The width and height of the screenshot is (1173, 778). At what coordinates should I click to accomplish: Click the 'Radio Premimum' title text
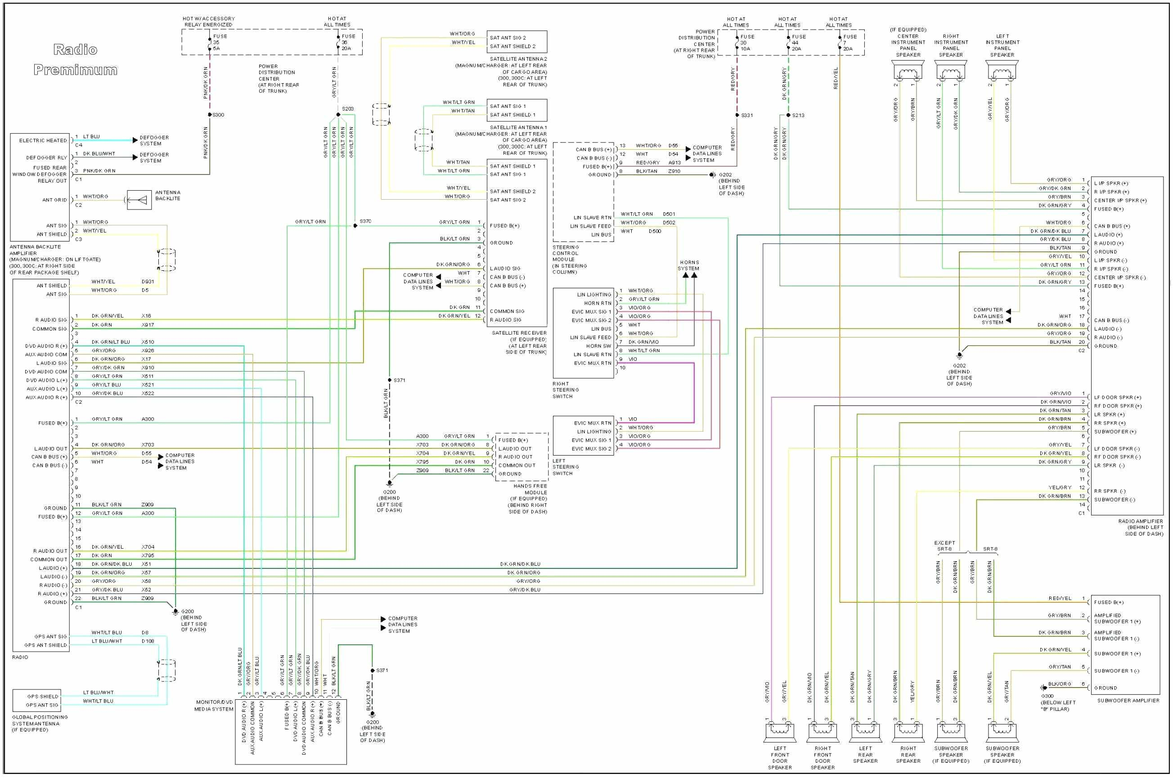(x=76, y=59)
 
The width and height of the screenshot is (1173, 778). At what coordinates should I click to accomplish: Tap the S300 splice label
(x=218, y=115)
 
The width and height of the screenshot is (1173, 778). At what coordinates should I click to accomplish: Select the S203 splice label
(x=347, y=109)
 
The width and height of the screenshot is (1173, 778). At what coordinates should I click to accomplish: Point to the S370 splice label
(x=365, y=221)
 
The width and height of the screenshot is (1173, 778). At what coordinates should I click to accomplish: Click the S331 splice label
(x=746, y=116)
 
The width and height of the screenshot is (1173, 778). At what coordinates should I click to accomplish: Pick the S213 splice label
(x=798, y=116)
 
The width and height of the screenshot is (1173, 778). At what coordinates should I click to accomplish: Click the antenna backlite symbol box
(x=139, y=200)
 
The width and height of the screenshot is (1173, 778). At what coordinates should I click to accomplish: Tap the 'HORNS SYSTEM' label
(x=688, y=265)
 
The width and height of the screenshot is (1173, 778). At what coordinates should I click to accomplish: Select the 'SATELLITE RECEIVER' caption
(x=519, y=333)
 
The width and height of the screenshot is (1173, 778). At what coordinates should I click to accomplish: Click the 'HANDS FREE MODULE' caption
(x=530, y=489)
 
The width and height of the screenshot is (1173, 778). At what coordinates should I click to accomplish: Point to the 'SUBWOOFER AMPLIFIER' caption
(x=1128, y=701)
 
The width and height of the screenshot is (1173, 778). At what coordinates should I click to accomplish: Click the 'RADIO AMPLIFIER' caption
(x=1140, y=522)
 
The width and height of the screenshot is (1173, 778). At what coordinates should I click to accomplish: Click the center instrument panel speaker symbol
(x=908, y=72)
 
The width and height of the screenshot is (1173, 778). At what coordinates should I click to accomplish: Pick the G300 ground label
(x=1047, y=696)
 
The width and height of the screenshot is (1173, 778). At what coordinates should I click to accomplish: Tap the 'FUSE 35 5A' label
(x=220, y=42)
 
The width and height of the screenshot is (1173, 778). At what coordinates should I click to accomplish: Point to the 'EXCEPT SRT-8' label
(x=944, y=546)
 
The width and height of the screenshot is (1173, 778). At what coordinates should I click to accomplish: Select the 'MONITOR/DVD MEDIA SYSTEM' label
(x=214, y=706)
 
